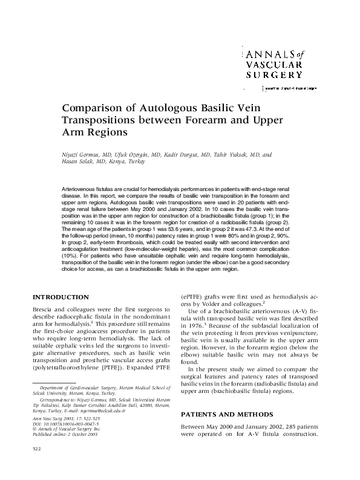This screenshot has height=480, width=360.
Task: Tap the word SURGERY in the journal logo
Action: click(x=274, y=75)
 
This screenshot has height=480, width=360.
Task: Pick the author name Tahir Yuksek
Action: click(x=232, y=154)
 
